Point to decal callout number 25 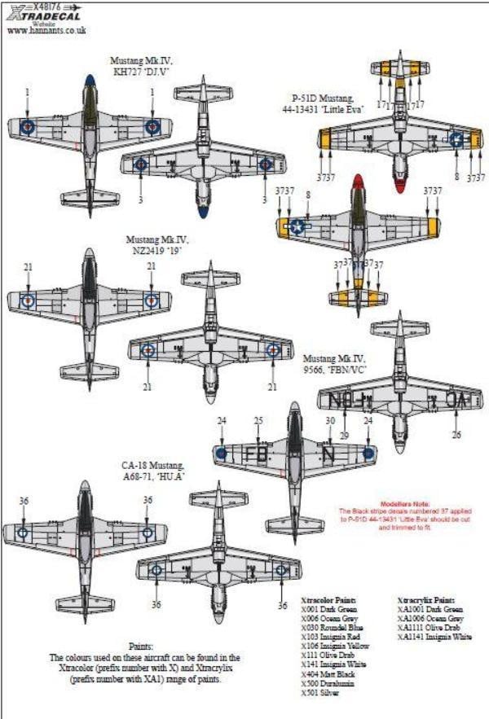258,420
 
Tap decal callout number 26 456,435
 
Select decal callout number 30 331,420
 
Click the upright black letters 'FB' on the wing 253,452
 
